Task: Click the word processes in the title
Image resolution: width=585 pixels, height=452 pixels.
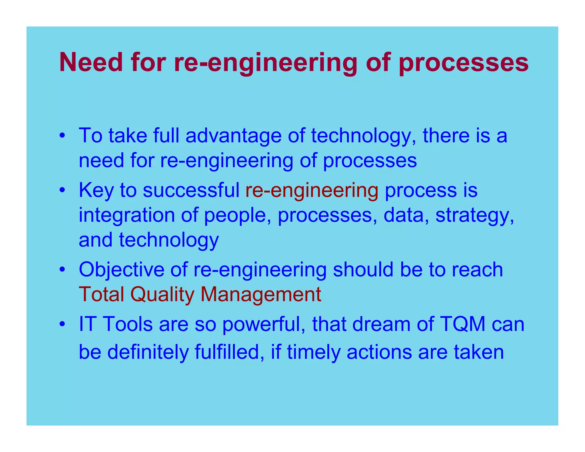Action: pyautogui.click(x=463, y=63)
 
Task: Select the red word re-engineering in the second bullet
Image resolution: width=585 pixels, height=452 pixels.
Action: pyautogui.click(x=312, y=191)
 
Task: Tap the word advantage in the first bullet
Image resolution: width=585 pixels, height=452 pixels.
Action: pyautogui.click(x=233, y=136)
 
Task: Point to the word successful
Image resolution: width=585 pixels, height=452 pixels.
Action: pyautogui.click(x=191, y=190)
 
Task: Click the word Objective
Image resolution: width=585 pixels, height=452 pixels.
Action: pyautogui.click(x=121, y=270)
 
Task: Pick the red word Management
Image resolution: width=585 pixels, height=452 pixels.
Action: pyautogui.click(x=261, y=295)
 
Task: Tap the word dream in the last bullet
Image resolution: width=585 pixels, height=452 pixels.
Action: pyautogui.click(x=381, y=325)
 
